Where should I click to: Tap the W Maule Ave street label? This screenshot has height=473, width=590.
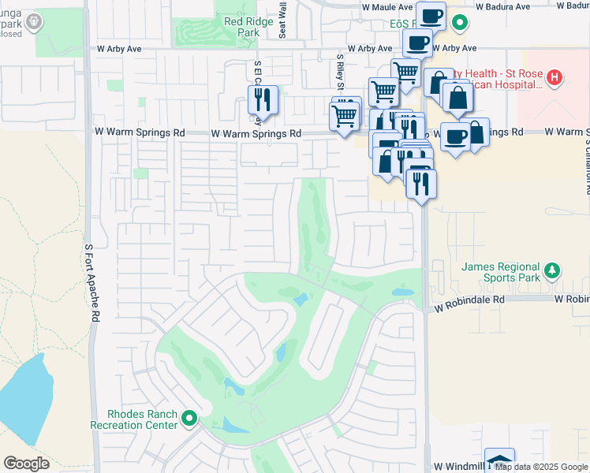click(387, 6)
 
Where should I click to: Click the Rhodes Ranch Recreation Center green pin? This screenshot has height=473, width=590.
click(189, 418)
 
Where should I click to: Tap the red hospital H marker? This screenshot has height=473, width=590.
click(555, 77)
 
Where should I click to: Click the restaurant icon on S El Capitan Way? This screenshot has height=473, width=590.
click(262, 100)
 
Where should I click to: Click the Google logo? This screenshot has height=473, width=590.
click(27, 463)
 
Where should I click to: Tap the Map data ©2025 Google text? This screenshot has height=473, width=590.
click(541, 467)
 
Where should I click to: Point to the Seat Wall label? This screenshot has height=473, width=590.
click(282, 20)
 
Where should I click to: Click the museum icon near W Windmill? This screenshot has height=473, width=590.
click(499, 461)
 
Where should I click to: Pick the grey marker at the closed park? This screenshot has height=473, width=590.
click(33, 23)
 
